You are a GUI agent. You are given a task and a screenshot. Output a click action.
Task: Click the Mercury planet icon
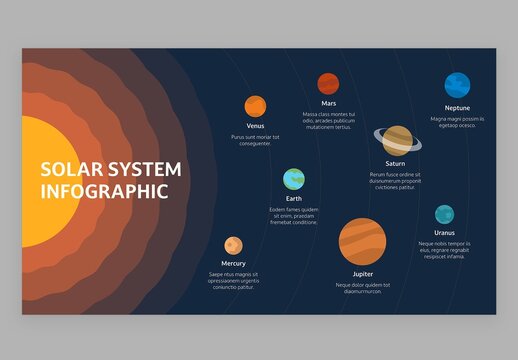pyautogui.click(x=233, y=245)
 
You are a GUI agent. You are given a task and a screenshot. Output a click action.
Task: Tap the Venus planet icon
pyautogui.click(x=255, y=105)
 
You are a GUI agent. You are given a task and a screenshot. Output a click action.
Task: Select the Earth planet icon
pyautogui.click(x=293, y=179)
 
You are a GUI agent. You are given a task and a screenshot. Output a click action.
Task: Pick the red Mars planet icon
pyautogui.click(x=328, y=83)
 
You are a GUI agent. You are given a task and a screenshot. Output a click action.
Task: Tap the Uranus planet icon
pyautogui.click(x=444, y=214)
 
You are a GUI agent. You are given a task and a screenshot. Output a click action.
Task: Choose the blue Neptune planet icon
pyautogui.click(x=457, y=85)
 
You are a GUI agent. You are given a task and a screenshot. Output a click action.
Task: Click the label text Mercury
pyautogui.click(x=233, y=264)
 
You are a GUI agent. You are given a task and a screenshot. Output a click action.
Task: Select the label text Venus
pyautogui.click(x=255, y=126)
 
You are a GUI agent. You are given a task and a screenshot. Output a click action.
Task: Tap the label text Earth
pyautogui.click(x=293, y=199)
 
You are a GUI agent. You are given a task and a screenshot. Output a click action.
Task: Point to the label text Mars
pyautogui.click(x=328, y=103)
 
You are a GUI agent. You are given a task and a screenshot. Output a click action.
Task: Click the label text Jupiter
pyautogui.click(x=362, y=273)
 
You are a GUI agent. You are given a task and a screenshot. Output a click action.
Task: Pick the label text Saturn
pyautogui.click(x=394, y=163)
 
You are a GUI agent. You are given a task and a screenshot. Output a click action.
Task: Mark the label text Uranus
pyautogui.click(x=444, y=233)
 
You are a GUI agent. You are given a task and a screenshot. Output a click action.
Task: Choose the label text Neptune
pyautogui.click(x=457, y=107)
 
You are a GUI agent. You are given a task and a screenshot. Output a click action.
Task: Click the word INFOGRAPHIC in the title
pyautogui.click(x=104, y=191)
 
